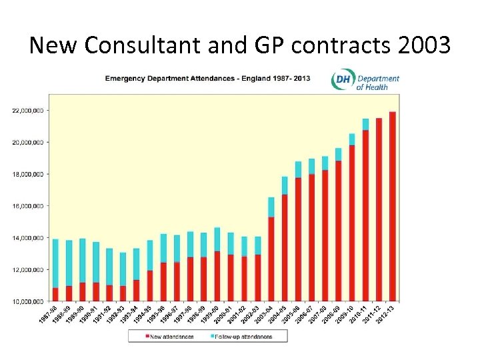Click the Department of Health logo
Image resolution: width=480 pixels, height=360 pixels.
[365, 81]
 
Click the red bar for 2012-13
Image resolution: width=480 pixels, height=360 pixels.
[393, 207]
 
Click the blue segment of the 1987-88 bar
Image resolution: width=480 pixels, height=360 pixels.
[55, 263]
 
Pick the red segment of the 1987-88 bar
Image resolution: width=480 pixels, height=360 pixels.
[55, 295]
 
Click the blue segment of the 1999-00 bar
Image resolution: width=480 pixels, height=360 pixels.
[217, 239]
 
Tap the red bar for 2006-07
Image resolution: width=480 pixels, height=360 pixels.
[311, 237]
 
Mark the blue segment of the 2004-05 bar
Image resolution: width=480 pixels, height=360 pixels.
[285, 185]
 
